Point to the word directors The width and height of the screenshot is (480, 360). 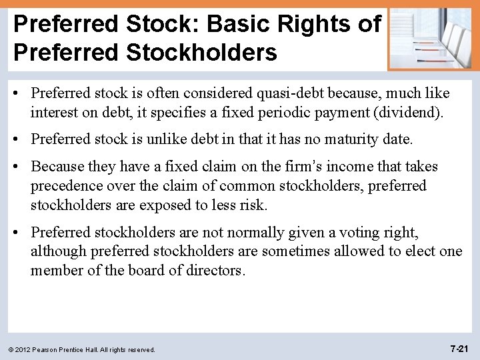point(213,271)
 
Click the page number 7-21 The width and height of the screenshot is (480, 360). point(460,348)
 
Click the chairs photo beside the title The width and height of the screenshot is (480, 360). point(432,39)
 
